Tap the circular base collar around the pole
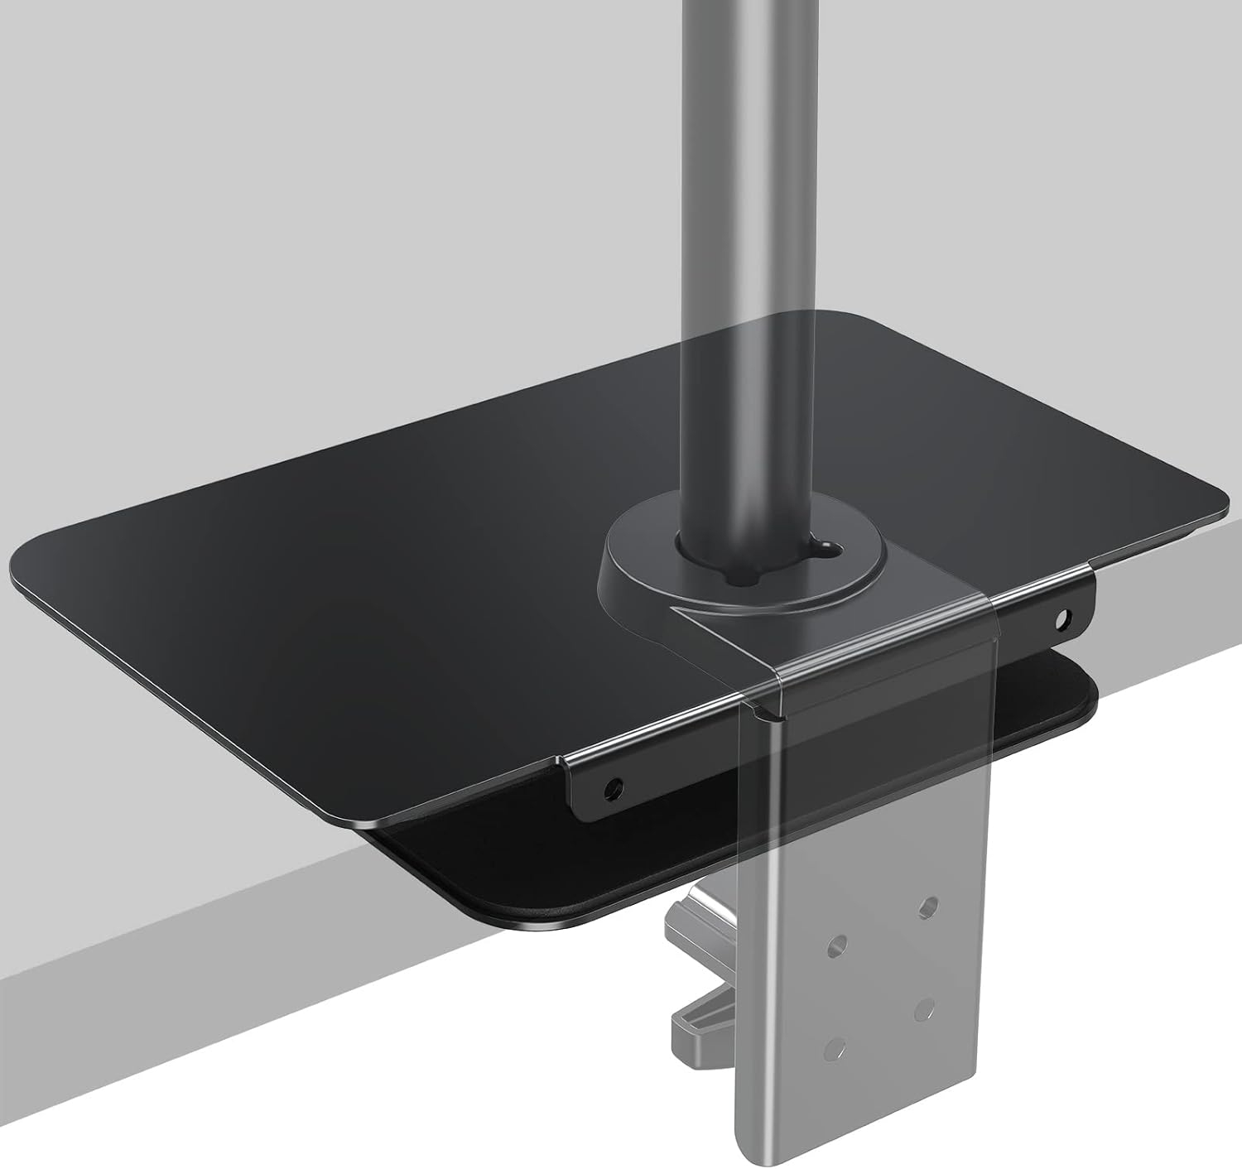pos(629,571)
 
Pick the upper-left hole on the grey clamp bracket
pos(840,943)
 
